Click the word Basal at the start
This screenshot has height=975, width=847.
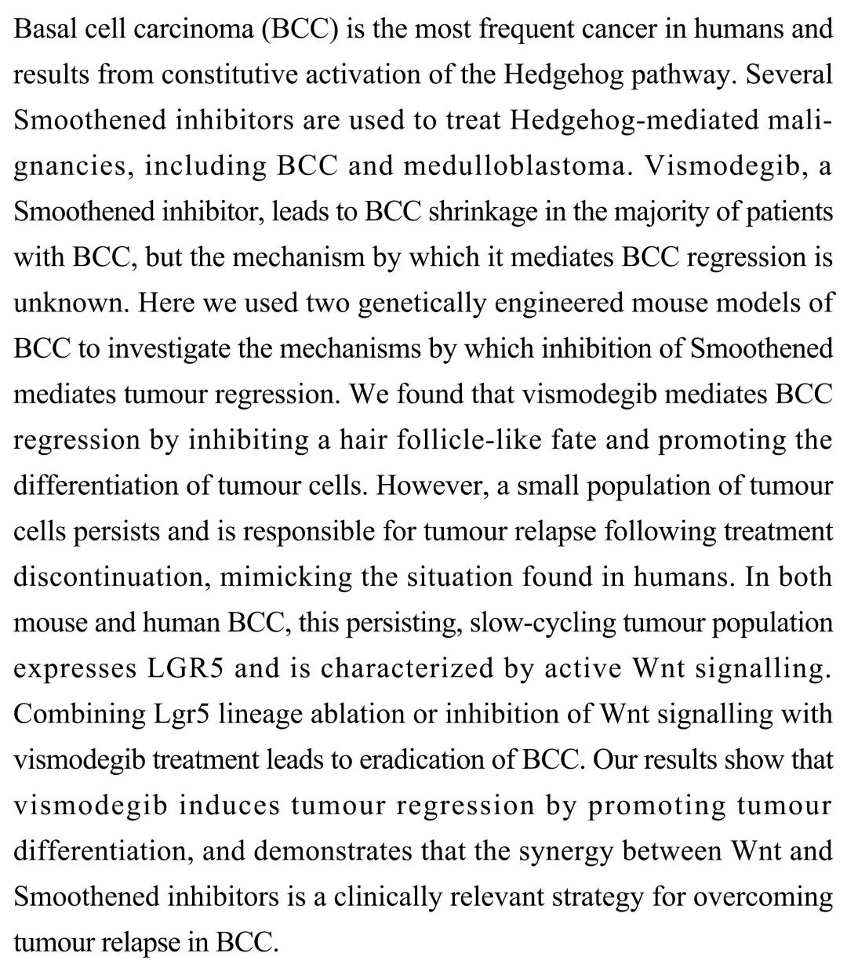pos(41,30)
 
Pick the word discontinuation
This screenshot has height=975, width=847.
pos(109,577)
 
